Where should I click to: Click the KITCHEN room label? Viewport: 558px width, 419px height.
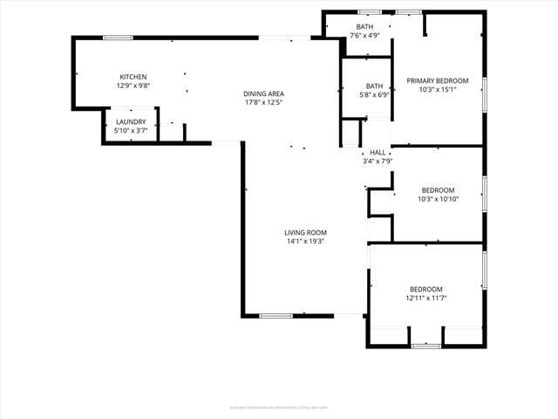pos(133,77)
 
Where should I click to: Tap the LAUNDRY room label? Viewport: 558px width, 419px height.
pos(132,121)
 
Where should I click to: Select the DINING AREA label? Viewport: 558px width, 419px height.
pos(263,93)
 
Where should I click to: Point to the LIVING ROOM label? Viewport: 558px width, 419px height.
pos(305,232)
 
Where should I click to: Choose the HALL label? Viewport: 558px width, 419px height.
pos(378,152)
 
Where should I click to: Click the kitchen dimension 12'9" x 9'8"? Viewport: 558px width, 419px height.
pos(133,86)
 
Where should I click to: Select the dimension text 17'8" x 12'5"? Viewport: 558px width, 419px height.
pos(263,102)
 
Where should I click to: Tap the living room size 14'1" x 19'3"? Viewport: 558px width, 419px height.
pos(305,241)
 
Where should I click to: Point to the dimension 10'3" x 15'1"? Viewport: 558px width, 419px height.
pos(438,89)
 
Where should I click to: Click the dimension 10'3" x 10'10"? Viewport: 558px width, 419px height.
pos(439,199)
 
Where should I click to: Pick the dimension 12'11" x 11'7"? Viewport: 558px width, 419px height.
pos(426,298)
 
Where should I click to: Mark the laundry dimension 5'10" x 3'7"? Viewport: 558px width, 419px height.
pos(132,130)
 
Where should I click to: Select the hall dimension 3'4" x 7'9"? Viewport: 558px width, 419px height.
pos(378,161)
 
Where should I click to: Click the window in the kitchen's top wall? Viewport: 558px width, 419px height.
pos(118,38)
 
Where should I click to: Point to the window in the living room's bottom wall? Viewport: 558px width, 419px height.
pos(276,315)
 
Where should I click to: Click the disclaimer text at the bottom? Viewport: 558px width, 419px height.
pos(279,406)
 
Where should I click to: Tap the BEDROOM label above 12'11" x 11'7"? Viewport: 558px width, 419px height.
pos(426,289)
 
